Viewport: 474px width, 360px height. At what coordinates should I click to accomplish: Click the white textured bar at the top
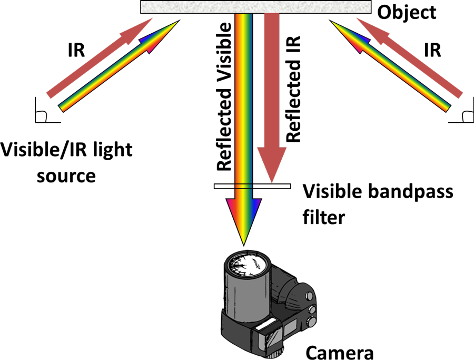pos(255,7)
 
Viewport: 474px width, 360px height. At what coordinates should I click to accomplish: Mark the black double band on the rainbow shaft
pos(243,186)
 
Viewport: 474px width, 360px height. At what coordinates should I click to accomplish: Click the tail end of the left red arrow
pos(50,95)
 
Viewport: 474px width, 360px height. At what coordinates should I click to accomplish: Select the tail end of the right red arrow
pos(460,95)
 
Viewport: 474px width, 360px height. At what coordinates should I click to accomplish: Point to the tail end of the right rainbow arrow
pos(447,108)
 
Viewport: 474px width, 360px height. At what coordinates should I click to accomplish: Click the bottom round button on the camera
pos(312,322)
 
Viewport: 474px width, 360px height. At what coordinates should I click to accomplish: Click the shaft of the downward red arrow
pos(272,79)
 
